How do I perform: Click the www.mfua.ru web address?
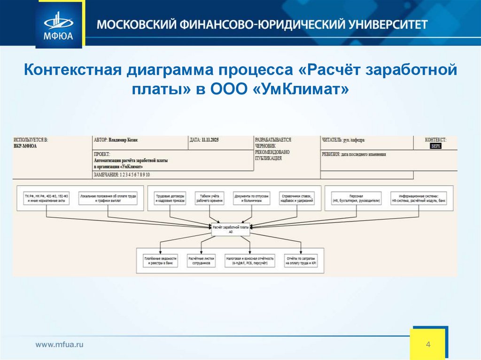click(x=60, y=345)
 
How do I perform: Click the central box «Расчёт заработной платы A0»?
click(x=231, y=229)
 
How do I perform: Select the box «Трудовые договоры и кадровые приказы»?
click(x=170, y=198)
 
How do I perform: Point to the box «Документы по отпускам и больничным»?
click(x=252, y=198)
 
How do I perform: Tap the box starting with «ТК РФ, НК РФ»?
click(x=47, y=198)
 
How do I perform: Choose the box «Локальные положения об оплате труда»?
click(x=108, y=198)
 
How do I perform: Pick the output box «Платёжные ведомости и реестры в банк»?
click(x=160, y=261)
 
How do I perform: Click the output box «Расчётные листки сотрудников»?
click(x=202, y=261)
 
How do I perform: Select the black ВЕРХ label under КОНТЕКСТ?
click(x=436, y=146)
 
